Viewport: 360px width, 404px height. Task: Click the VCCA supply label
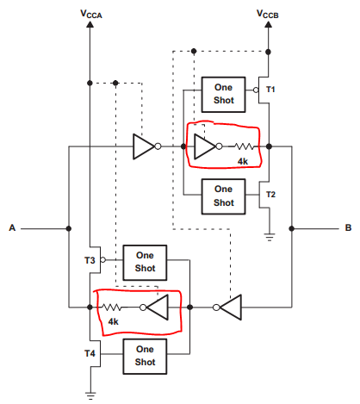pyautogui.click(x=91, y=14)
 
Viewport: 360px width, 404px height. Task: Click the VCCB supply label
pyautogui.click(x=267, y=14)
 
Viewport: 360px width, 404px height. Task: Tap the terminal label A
pyautogui.click(x=12, y=228)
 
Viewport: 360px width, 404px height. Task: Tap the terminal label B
pyautogui.click(x=348, y=228)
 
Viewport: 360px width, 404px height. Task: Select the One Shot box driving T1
pyautogui.click(x=223, y=95)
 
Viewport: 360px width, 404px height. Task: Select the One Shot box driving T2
pyautogui.click(x=223, y=196)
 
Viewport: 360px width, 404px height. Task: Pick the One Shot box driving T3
pyautogui.click(x=145, y=263)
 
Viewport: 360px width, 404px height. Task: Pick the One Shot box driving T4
pyautogui.click(x=145, y=357)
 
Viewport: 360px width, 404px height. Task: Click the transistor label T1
pyautogui.click(x=270, y=90)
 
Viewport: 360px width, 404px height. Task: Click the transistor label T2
pyautogui.click(x=270, y=195)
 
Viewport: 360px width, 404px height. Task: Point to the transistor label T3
pyautogui.click(x=90, y=260)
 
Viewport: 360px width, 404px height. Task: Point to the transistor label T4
pyautogui.click(x=90, y=353)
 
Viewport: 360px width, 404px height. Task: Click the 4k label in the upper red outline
pyautogui.click(x=243, y=161)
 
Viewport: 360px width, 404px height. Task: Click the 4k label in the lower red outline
pyautogui.click(x=113, y=321)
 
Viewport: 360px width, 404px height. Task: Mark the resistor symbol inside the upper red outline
pyautogui.click(x=244, y=146)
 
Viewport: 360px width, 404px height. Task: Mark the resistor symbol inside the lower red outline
pyautogui.click(x=112, y=308)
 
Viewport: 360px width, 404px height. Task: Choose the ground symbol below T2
pyautogui.click(x=269, y=237)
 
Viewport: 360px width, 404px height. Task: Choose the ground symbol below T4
pyautogui.click(x=90, y=395)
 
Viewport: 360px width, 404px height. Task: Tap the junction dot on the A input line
pyautogui.click(x=69, y=228)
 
